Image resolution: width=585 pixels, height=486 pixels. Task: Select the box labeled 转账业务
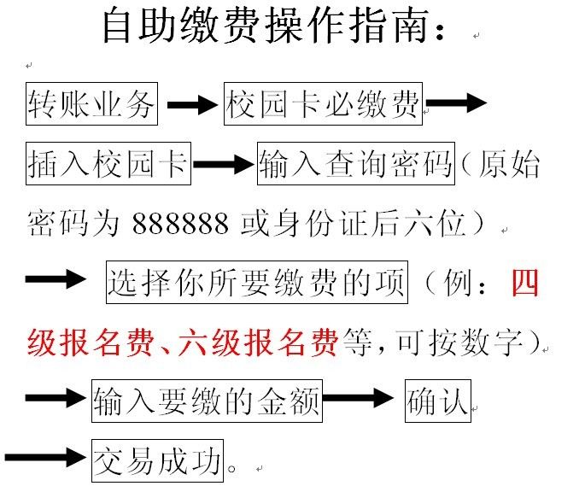click(x=91, y=103)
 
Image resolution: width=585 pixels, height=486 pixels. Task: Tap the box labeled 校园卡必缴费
click(x=323, y=103)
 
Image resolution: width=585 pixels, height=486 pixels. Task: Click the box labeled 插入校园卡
click(x=108, y=163)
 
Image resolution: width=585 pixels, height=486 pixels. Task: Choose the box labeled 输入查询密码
click(x=356, y=163)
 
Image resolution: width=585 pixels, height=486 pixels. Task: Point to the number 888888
click(x=180, y=223)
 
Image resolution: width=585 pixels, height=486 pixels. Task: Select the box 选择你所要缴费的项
click(x=257, y=282)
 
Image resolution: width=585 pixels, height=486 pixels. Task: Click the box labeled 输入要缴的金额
click(x=207, y=401)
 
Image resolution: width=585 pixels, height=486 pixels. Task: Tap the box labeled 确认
click(x=438, y=401)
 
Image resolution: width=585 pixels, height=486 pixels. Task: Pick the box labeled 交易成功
click(x=157, y=460)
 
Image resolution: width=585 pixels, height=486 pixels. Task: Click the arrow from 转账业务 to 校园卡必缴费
click(x=192, y=104)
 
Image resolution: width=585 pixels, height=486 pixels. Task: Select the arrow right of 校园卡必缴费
click(x=456, y=102)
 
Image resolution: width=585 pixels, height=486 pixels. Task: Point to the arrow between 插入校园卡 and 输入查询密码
click(x=223, y=164)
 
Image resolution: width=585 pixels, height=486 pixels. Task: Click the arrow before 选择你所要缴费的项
click(x=56, y=278)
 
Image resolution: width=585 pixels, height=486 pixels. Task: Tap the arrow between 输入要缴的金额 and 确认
click(x=358, y=397)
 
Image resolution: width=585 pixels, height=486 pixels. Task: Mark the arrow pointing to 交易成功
click(x=45, y=457)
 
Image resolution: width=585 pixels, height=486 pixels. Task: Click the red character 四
click(x=525, y=282)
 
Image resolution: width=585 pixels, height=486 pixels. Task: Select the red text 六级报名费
click(x=258, y=342)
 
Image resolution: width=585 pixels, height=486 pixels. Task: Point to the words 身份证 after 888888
click(x=323, y=223)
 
